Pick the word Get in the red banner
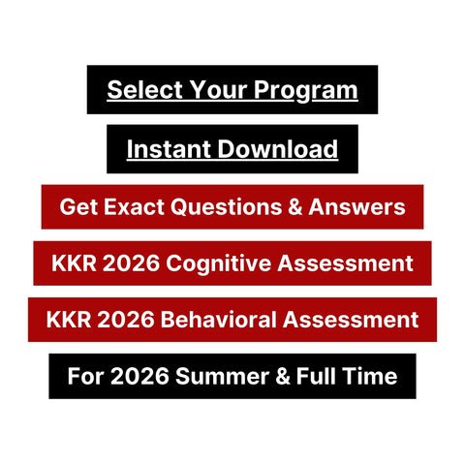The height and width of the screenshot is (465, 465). pos(77,206)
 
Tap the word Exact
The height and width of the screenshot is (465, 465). pos(133,206)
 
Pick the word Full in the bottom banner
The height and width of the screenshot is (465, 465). pos(308,376)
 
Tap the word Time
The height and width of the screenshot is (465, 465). pos(369,376)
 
